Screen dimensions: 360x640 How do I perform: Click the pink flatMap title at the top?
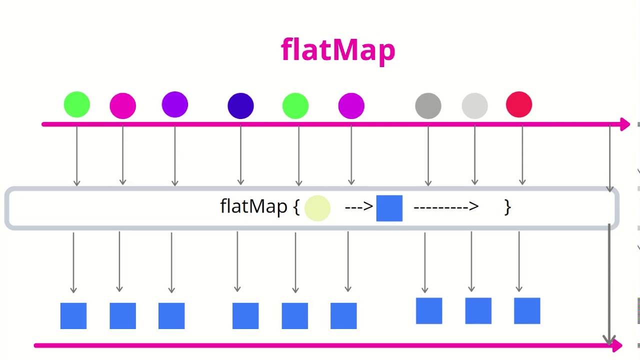pyautogui.click(x=338, y=50)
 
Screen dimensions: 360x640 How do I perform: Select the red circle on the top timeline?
pyautogui.click(x=519, y=105)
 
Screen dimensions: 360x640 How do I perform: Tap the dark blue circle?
pyautogui.click(x=240, y=106)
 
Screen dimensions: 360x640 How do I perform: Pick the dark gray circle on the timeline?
pyautogui.click(x=428, y=106)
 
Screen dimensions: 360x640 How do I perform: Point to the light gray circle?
pyautogui.click(x=474, y=106)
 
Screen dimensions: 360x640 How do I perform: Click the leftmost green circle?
pyautogui.click(x=77, y=105)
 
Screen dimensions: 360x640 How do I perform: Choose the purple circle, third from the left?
pyautogui.click(x=175, y=105)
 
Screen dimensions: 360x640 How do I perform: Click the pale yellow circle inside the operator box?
pyautogui.click(x=317, y=208)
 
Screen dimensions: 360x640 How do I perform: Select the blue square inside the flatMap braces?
pyautogui.click(x=389, y=208)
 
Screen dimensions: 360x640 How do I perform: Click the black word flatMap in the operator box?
pyautogui.click(x=253, y=206)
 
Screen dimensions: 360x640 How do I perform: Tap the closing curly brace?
pyautogui.click(x=507, y=207)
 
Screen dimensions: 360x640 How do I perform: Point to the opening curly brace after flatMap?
pyautogui.click(x=296, y=207)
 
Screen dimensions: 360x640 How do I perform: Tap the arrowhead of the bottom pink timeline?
pyautogui.click(x=617, y=345)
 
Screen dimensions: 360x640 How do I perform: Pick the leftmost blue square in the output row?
pyautogui.click(x=73, y=316)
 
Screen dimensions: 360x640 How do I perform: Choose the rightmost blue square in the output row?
pyautogui.click(x=527, y=310)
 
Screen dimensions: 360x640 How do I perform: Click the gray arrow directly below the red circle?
pyautogui.click(x=522, y=155)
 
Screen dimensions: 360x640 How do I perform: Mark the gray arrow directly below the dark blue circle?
pyautogui.click(x=240, y=155)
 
